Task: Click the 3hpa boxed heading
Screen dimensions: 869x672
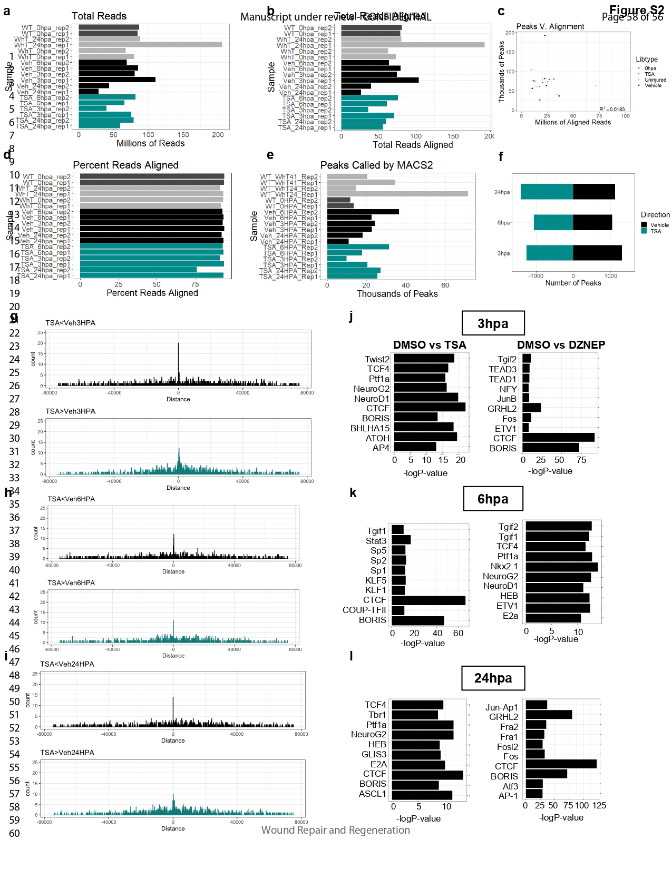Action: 493,323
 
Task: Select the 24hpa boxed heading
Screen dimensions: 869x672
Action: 493,678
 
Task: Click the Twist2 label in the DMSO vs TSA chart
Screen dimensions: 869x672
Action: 377,359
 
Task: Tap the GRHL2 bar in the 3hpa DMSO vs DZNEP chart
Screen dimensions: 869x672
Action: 531,408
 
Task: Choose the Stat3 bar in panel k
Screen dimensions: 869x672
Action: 401,540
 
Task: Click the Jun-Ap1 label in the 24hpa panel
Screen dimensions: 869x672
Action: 501,707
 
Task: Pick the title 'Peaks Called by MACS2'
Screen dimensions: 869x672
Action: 376,165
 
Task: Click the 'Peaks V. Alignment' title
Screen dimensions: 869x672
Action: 550,26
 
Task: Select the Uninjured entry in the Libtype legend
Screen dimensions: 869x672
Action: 655,80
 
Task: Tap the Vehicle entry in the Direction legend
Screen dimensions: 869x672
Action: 659,225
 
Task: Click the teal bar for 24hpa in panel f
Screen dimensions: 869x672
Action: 547,192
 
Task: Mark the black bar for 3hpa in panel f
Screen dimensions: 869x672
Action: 597,253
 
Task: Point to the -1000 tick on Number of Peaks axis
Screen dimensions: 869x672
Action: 536,275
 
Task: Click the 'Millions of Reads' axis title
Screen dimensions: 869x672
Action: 150,143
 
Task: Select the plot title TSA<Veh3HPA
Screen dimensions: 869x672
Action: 70,323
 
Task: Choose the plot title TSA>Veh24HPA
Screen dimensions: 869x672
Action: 67,753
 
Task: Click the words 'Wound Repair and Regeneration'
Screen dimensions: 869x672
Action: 335,830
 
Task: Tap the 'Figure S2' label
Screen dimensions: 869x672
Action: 636,10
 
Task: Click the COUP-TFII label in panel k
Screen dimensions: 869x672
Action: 364,610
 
